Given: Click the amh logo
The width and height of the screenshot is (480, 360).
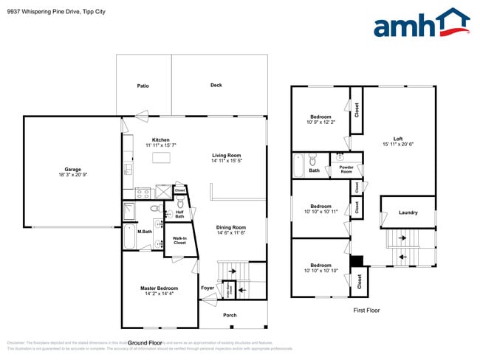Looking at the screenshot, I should (421, 24).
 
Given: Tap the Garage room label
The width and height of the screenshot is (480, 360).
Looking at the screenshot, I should (72, 170).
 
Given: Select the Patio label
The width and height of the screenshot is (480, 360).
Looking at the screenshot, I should (143, 86).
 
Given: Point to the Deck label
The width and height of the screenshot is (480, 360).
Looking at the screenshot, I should (216, 86).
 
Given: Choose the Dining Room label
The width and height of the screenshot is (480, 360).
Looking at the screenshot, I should (230, 227).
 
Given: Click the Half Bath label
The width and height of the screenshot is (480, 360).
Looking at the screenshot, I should (179, 214).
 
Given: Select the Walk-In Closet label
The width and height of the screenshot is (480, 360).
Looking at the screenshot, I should (179, 240).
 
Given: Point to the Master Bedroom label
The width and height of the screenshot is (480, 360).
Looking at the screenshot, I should (159, 288).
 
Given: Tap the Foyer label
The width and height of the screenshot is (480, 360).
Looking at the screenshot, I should (208, 288).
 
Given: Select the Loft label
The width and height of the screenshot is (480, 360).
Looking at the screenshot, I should (398, 139).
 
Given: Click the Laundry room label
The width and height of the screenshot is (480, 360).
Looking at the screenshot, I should (407, 212).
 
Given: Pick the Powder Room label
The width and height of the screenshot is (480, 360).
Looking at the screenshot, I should (346, 169).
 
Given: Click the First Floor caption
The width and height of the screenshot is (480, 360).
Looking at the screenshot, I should (366, 311).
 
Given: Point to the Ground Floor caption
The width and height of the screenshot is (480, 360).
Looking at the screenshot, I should (145, 343).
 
